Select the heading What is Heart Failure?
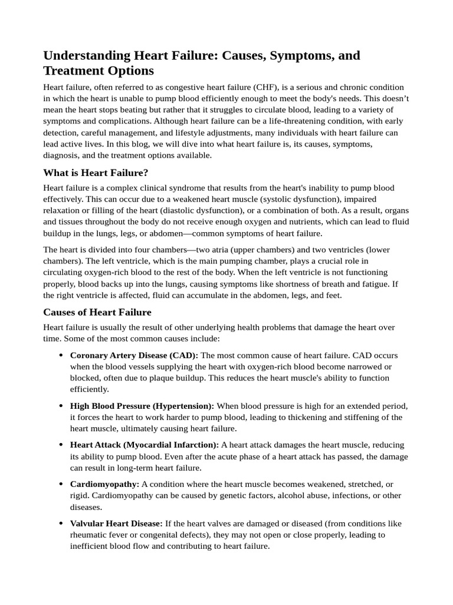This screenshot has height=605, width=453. tap(96, 173)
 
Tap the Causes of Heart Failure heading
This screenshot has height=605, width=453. tap(97, 312)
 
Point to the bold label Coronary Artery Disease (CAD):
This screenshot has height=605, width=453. tap(134, 356)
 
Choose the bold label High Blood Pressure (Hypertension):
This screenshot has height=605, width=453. tap(142, 406)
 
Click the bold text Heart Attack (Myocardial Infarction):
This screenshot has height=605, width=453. tap(145, 445)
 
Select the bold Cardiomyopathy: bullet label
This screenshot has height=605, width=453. tap(104, 484)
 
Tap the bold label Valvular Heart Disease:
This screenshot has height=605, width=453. tap(116, 524)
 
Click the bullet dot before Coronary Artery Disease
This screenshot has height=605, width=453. tap(61, 356)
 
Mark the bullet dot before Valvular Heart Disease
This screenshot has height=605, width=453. tap(61, 524)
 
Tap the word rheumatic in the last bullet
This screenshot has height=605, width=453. tap(88, 535)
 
